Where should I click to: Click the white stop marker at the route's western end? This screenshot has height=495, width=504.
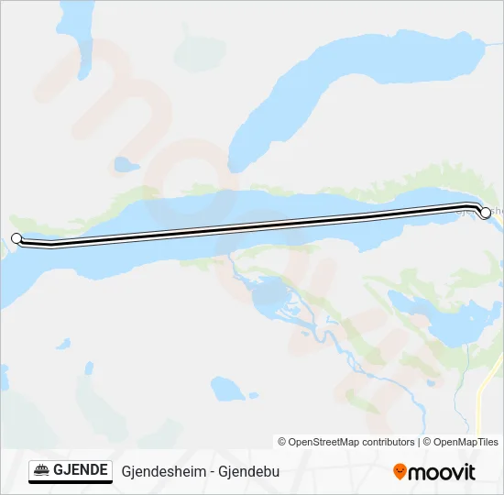(x=16, y=238)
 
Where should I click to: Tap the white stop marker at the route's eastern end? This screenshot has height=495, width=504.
(x=486, y=212)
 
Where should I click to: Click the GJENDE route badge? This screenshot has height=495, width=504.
(x=71, y=471)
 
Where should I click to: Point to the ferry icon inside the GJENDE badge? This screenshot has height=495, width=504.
(x=42, y=471)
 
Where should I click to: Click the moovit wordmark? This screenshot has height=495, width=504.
(x=443, y=472)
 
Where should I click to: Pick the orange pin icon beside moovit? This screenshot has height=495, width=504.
(x=400, y=472)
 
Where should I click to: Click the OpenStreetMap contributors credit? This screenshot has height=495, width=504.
(x=346, y=442)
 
